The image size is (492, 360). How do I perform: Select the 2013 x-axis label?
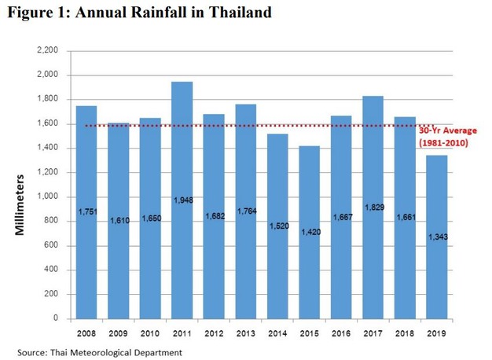(x=245, y=332)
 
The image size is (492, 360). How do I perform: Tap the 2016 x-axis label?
(x=340, y=332)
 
